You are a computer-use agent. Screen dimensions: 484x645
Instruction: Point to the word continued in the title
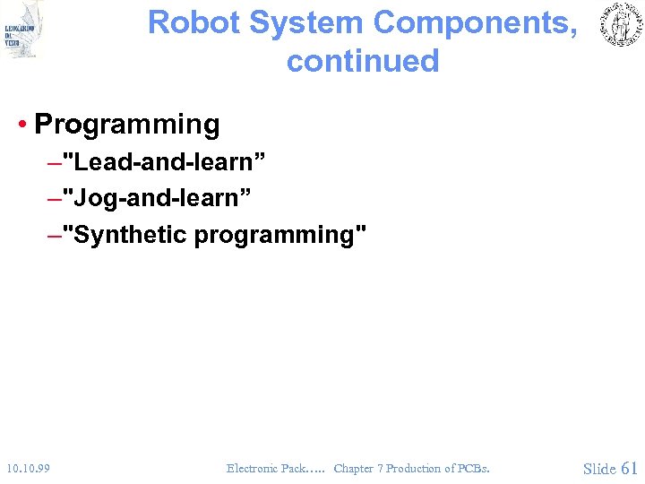(363, 61)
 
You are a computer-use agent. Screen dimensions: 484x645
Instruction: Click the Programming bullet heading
(126, 125)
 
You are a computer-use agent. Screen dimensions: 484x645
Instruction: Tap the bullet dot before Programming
(21, 125)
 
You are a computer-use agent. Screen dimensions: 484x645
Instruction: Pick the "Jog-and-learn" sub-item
(160, 199)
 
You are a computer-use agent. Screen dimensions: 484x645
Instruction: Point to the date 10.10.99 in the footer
(26, 468)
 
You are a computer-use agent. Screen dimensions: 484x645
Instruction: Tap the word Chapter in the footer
(353, 468)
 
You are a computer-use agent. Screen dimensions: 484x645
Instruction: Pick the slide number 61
(629, 468)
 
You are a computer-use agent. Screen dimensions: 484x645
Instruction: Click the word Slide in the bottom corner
(599, 468)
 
